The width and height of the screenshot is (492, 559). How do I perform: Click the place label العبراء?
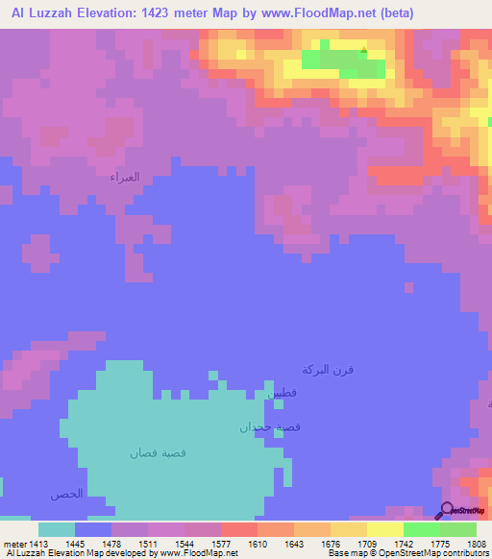click(x=125, y=177)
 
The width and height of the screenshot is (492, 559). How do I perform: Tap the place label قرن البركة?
click(x=328, y=370)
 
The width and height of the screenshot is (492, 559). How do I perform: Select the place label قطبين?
click(x=282, y=393)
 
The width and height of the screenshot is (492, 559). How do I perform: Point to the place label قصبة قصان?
click(x=157, y=451)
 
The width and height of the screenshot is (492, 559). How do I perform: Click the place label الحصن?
click(x=67, y=494)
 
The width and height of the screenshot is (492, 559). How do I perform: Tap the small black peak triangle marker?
click(x=364, y=51)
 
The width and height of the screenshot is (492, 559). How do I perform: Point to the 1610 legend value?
click(x=258, y=543)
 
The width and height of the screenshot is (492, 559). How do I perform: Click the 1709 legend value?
click(x=367, y=543)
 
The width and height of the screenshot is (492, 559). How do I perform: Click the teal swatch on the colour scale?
click(x=56, y=529)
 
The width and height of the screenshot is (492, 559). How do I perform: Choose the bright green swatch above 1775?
click(x=421, y=529)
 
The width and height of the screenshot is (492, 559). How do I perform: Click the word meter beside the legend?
click(x=15, y=543)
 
